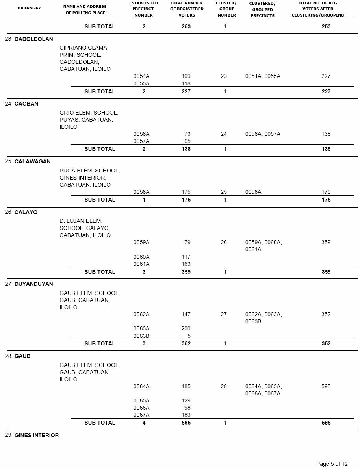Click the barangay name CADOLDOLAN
click(x=33, y=39)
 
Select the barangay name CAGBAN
click(x=26, y=104)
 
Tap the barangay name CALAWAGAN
click(x=32, y=161)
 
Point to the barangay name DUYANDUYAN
click(x=33, y=284)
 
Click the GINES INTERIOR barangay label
click(x=37, y=435)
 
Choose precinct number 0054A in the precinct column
click(x=141, y=76)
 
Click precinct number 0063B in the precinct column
click(x=141, y=336)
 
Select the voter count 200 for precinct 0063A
click(x=186, y=328)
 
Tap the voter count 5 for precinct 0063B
click(x=189, y=336)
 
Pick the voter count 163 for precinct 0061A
click(x=186, y=264)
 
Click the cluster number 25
click(x=224, y=192)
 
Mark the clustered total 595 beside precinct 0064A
click(x=326, y=386)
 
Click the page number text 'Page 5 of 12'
click(x=332, y=464)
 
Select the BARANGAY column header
click(x=29, y=8)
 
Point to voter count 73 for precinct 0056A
click(x=187, y=134)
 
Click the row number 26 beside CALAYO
click(x=8, y=212)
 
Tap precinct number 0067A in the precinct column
click(x=141, y=415)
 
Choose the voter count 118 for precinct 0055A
click(x=186, y=83)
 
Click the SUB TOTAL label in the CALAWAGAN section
click(x=100, y=200)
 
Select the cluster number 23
click(x=224, y=76)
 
